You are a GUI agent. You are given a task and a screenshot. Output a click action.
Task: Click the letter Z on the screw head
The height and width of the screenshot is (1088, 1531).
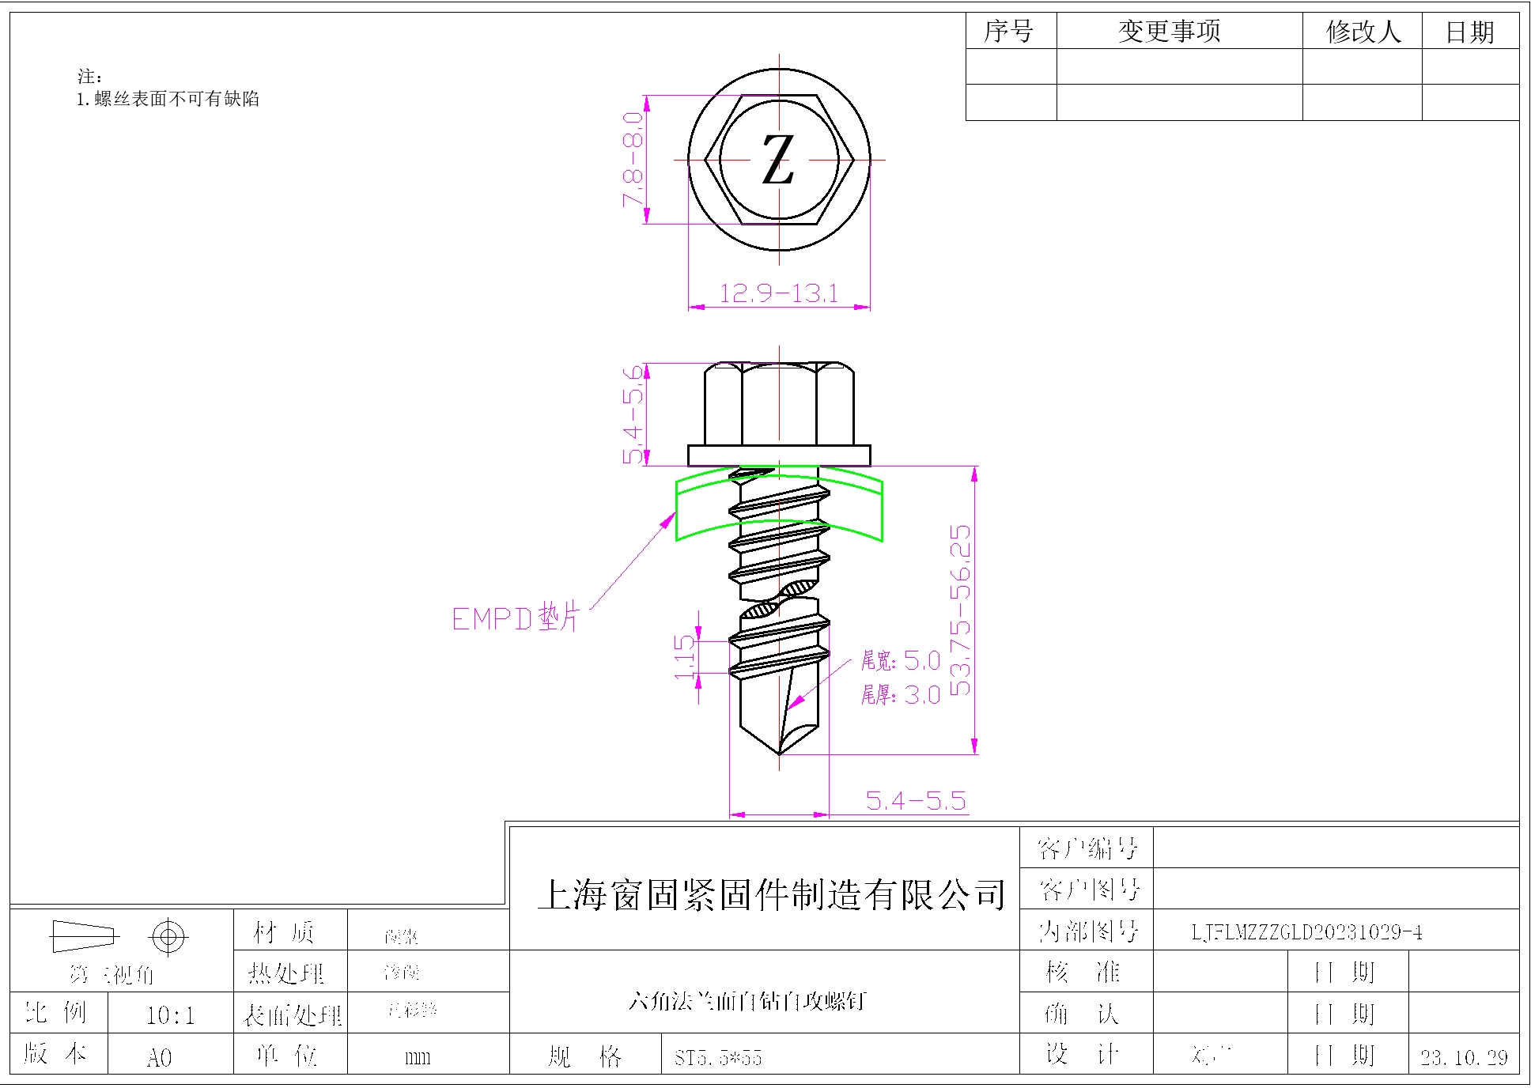click(778, 160)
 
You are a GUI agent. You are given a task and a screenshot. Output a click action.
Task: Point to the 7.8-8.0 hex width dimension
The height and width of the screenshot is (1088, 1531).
click(633, 160)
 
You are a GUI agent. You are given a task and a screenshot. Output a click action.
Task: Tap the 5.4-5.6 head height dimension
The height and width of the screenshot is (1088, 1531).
click(633, 414)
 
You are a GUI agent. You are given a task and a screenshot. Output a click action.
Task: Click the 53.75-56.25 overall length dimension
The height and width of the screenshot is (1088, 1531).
click(960, 610)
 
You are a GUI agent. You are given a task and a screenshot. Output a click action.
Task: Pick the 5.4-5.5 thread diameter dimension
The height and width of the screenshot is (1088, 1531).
click(916, 801)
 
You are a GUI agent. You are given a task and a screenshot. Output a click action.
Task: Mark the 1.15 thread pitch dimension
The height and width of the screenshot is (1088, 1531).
click(685, 657)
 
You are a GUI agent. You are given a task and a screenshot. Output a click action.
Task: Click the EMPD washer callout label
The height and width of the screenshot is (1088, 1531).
click(516, 618)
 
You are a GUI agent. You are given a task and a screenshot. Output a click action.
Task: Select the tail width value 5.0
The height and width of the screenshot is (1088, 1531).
click(922, 660)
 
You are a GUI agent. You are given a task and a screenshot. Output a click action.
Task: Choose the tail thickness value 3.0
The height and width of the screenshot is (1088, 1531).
click(922, 695)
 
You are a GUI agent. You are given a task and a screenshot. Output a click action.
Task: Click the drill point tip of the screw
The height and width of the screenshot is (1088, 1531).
click(779, 752)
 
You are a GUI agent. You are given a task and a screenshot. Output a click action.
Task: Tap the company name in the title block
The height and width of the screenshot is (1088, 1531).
click(771, 895)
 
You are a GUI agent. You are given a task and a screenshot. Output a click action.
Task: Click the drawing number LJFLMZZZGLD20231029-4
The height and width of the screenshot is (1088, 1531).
click(1306, 932)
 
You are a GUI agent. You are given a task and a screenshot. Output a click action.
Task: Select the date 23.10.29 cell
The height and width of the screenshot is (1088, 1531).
click(1464, 1057)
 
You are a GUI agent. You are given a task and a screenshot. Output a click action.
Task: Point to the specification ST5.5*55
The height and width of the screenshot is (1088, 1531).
click(718, 1057)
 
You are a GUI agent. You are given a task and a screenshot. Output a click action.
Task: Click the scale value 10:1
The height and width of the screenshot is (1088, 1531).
click(170, 1015)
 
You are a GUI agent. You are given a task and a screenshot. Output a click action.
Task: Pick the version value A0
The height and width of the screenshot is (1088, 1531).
click(159, 1057)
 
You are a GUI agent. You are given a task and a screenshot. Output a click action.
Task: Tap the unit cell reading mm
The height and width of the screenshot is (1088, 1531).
click(417, 1057)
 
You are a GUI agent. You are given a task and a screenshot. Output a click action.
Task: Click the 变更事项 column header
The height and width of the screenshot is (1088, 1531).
click(1170, 32)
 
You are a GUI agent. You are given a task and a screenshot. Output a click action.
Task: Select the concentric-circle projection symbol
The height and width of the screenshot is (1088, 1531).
click(168, 938)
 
